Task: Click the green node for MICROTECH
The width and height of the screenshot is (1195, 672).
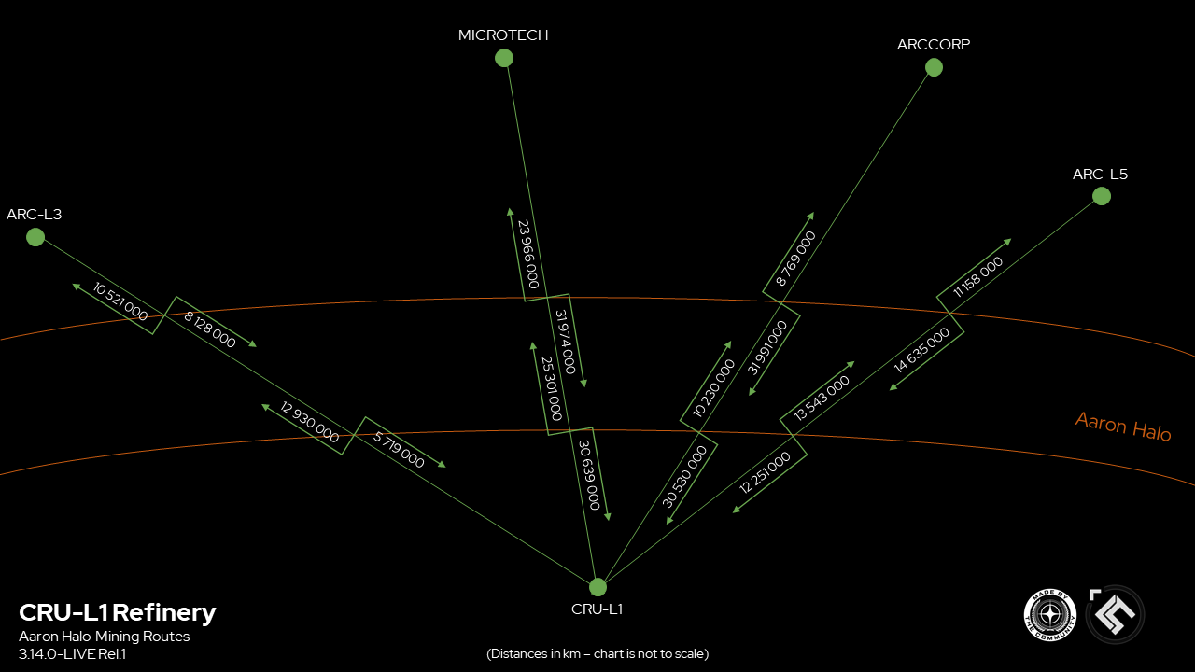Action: (503, 58)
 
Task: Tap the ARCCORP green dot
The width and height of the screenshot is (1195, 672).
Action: (934, 68)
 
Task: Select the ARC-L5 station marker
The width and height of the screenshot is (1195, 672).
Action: (1101, 197)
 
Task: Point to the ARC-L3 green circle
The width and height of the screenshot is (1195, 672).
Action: (35, 237)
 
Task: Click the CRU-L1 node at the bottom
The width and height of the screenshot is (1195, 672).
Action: (597, 587)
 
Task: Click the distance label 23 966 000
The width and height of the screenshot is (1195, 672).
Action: (528, 255)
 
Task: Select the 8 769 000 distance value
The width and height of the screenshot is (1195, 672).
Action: (795, 259)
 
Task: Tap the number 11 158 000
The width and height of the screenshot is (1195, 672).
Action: (977, 277)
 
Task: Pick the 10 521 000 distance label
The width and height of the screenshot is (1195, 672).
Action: (120, 301)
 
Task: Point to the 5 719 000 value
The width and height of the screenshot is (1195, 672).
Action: (399, 450)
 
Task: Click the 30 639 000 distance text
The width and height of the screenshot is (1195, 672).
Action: (589, 475)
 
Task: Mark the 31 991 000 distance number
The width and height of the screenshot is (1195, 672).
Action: (766, 348)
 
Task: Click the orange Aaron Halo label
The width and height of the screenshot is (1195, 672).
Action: (1123, 427)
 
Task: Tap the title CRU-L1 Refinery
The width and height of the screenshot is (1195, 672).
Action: (118, 612)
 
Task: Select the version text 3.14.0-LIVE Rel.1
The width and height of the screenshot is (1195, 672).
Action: (73, 654)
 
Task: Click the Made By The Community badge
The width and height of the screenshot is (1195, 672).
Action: (1049, 615)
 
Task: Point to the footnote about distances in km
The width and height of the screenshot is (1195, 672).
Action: (597, 654)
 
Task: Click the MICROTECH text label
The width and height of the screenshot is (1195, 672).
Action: (503, 35)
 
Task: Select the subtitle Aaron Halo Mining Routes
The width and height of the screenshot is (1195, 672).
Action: (104, 637)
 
